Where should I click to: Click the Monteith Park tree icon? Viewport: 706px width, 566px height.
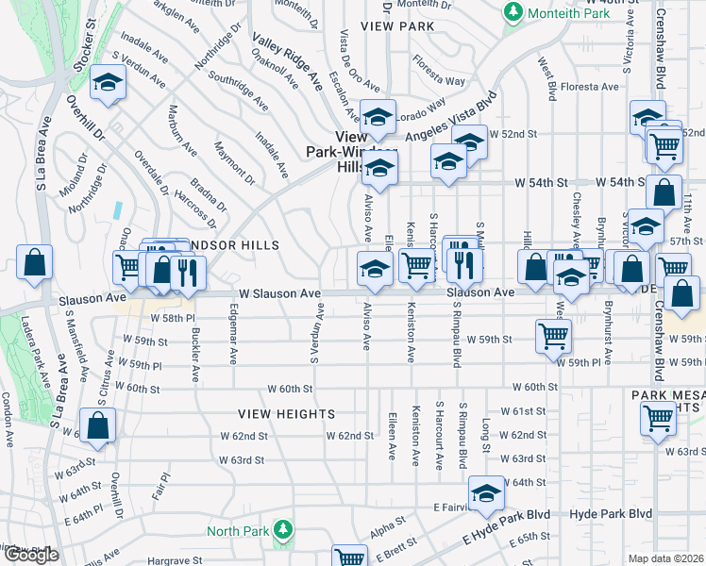click(513, 12)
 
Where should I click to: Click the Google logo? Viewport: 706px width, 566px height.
click(30, 555)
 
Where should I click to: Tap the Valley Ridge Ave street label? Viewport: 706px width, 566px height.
click(287, 60)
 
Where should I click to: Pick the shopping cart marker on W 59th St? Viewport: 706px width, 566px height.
click(553, 335)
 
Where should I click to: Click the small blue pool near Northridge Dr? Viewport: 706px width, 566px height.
click(117, 210)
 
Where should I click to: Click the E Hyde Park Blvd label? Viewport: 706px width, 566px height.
click(506, 528)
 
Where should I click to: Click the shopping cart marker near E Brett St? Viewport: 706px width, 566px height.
click(349, 558)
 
